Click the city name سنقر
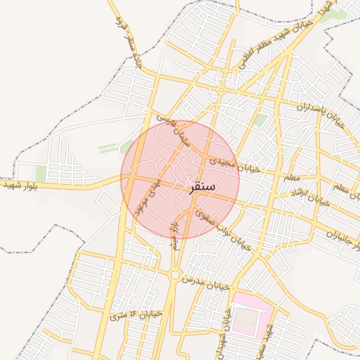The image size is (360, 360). click(x=202, y=188)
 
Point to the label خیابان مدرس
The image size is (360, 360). click(x=206, y=284)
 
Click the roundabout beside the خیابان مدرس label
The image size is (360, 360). click(x=174, y=275)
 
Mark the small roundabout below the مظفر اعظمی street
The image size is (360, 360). click(x=221, y=90)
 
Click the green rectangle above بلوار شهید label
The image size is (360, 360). click(x=41, y=172)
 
